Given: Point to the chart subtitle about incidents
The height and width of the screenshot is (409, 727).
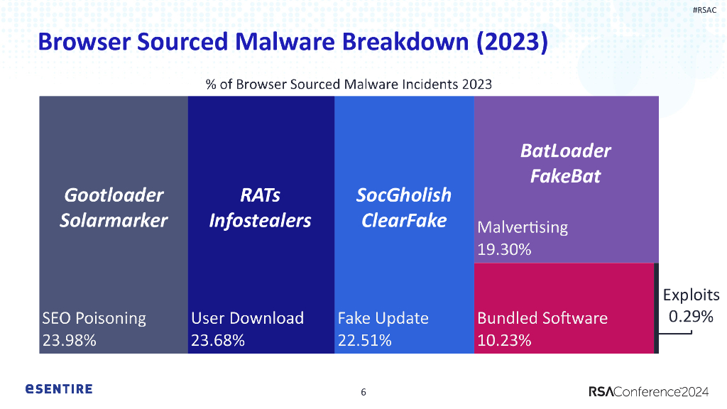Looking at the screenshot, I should pos(349,84).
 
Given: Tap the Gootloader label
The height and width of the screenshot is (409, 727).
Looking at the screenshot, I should pos(114,195).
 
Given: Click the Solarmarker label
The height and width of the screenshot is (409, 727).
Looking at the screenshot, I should pos(114,220).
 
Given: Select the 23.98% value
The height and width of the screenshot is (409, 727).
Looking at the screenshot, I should pos(70,340).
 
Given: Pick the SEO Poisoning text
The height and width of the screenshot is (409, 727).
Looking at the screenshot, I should pos(94,318).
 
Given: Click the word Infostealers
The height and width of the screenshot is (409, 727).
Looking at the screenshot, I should pos(260,220).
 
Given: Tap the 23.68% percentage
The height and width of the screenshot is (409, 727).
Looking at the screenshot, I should pos(218,340).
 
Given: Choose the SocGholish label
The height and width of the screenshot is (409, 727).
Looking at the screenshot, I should pos(403,195).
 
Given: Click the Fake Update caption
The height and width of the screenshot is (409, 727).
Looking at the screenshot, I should pos(383,318).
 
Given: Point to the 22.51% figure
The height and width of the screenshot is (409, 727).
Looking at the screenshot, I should pos(364,340).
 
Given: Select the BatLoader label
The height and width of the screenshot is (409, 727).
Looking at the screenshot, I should pos(565,151).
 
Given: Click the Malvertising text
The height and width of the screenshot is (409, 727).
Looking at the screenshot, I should pos(523,228).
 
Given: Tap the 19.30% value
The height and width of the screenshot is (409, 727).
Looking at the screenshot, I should pos(504,250).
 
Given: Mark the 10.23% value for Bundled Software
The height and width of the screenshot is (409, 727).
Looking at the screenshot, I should pos(504,340).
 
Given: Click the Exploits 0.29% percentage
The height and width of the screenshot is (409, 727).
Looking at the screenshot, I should pos(691,317).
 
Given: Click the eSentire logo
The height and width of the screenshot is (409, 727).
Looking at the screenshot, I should pos(59,389).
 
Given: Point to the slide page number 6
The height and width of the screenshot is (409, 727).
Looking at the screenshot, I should pos(363,392).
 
